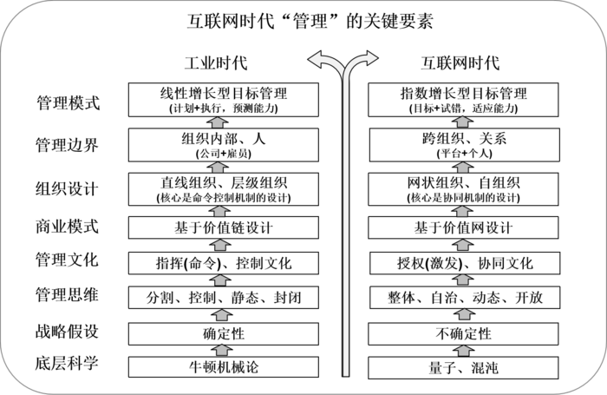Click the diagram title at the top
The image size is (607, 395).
pyautogui.click(x=310, y=21)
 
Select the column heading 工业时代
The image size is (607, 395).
pyautogui.click(x=216, y=63)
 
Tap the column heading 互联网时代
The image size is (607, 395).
pyautogui.click(x=460, y=63)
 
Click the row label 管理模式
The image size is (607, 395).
pyautogui.click(x=69, y=102)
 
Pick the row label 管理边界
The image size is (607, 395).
pyautogui.click(x=67, y=145)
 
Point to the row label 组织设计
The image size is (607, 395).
pyautogui.click(x=67, y=189)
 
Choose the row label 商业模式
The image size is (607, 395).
pyautogui.click(x=67, y=227)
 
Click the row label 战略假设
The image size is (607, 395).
pyautogui.click(x=67, y=332)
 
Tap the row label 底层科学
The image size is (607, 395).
pyautogui.click(x=67, y=363)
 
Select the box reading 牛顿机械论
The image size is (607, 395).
pyautogui.click(x=224, y=367)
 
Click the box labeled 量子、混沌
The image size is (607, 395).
pyautogui.click(x=463, y=367)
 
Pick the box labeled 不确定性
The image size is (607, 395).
pyautogui.click(x=463, y=333)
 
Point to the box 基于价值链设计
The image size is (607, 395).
pyautogui.click(x=224, y=227)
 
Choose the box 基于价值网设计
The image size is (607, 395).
pyautogui.click(x=463, y=227)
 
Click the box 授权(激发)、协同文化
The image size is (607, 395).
pyautogui.click(x=465, y=263)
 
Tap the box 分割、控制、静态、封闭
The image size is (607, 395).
pyautogui.click(x=224, y=298)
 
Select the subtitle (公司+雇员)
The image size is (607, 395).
pyautogui.click(x=224, y=154)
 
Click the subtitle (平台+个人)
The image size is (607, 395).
pyautogui.click(x=465, y=154)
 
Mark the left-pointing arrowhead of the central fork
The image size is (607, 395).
pyautogui.click(x=316, y=60)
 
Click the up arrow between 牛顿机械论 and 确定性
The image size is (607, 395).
pyautogui.click(x=222, y=351)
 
